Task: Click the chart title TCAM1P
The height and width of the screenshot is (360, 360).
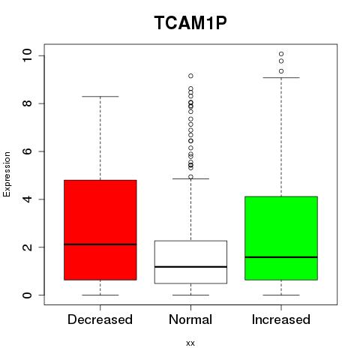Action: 190,22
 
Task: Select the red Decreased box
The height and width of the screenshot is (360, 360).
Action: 100,229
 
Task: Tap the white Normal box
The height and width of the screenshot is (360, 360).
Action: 190,262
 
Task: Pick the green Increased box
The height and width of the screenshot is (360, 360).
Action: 281,238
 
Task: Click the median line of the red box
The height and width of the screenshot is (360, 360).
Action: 100,244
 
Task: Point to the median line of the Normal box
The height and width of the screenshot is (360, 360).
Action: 190,267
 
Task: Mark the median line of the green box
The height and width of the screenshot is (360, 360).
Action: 281,257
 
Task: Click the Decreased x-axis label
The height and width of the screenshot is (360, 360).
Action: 100,319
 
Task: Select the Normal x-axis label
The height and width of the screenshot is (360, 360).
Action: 190,319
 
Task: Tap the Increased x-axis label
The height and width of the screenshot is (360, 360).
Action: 281,319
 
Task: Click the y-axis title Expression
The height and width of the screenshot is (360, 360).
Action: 7,174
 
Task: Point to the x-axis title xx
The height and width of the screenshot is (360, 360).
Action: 190,343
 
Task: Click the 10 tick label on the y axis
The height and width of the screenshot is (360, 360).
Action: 27,55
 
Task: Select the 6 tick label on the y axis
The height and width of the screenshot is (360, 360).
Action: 27,151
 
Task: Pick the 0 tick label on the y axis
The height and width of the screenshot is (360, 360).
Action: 27,295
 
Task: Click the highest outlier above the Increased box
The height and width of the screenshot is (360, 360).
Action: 281,54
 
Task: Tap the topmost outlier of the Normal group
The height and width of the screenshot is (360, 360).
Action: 190,76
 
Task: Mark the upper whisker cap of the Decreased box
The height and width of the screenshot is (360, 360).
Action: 100,96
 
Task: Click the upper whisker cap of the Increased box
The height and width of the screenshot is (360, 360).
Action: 281,77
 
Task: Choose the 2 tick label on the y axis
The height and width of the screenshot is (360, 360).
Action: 27,247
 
